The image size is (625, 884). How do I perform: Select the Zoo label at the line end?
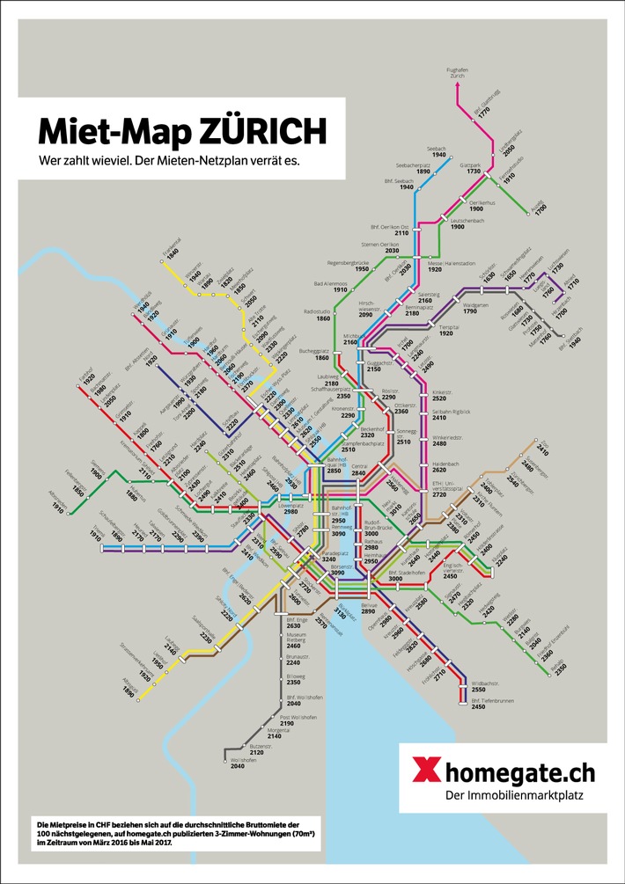click(x=542, y=445)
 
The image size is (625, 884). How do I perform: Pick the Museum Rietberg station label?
click(x=299, y=638)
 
